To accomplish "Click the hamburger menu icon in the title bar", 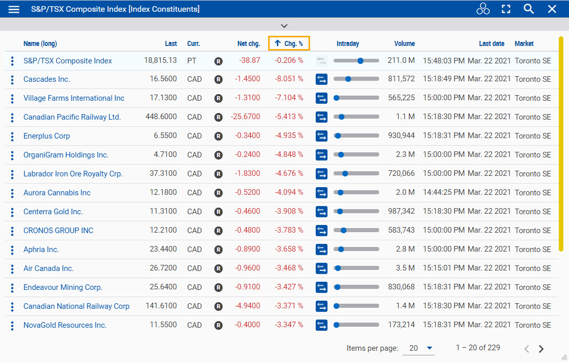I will point(14,9).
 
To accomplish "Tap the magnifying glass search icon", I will point(529,9).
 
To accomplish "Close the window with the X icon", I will point(552,9).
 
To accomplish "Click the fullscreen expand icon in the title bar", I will point(506,9).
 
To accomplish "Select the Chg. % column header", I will point(289,43).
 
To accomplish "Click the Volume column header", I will point(404,43).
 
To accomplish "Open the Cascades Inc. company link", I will point(47,79).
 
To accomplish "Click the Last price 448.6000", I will point(161,117).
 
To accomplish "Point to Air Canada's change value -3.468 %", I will point(289,268).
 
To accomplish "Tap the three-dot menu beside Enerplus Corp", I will point(12,136).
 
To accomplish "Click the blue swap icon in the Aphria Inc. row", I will point(321,250).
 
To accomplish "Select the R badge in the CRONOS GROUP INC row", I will point(218,231).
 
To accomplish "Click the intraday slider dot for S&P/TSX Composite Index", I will point(360,61).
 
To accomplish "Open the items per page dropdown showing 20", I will point(419,348).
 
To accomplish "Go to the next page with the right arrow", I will point(541,349).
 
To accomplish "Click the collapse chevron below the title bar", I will point(284,26).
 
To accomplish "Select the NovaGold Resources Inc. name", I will point(65,325).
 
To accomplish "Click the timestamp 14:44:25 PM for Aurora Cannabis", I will point(444,193).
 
